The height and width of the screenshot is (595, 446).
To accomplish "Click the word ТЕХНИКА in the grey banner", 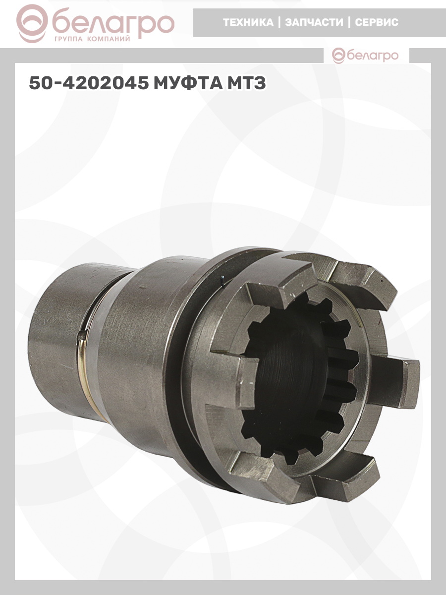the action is point(248,22).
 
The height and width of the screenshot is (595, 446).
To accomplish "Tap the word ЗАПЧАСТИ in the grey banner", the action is point(314,22).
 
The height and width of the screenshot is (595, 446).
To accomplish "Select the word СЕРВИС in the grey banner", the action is point(377,22).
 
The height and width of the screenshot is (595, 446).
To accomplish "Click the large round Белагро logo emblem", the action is point(32,24).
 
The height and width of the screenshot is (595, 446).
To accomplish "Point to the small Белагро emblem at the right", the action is point(339,56).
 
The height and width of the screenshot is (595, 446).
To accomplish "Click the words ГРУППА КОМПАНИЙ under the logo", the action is point(92,39).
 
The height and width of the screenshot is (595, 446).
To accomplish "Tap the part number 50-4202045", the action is point(89,83).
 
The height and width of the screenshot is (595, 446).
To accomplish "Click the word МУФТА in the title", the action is point(188,83).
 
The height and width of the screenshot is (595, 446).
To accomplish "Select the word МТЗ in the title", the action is point(246,83).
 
